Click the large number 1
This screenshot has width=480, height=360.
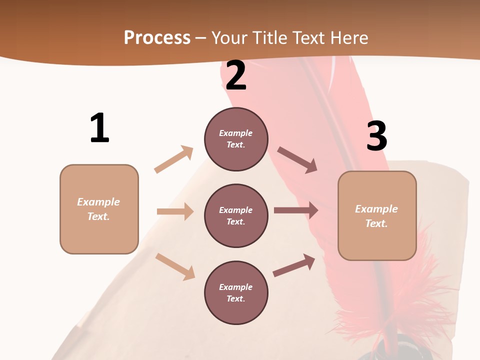tap(99, 128)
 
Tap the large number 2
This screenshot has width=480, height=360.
tap(236, 75)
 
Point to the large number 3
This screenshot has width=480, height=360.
tap(376, 136)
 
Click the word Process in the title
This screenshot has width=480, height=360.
tap(157, 37)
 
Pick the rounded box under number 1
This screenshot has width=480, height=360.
tap(99, 209)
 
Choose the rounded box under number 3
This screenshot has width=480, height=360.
tap(377, 215)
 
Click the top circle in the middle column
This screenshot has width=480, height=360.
tap(236, 139)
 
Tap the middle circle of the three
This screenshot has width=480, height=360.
tap(236, 215)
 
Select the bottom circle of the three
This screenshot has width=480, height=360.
tap(236, 292)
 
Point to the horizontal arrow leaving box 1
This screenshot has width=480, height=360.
tap(175, 211)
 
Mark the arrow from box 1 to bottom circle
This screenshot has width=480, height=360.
tap(175, 266)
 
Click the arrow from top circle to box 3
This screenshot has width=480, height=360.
tap(297, 159)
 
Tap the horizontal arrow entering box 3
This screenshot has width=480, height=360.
tap(296, 210)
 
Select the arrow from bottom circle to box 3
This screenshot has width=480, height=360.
tap(294, 265)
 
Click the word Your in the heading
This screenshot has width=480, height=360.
tap(229, 37)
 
